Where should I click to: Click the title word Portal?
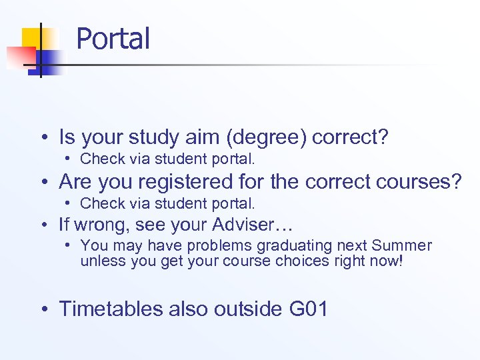tap(113, 39)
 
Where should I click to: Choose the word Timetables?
tap(111, 309)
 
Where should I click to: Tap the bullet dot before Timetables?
tap(43, 309)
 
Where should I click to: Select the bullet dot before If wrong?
tap(43, 225)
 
